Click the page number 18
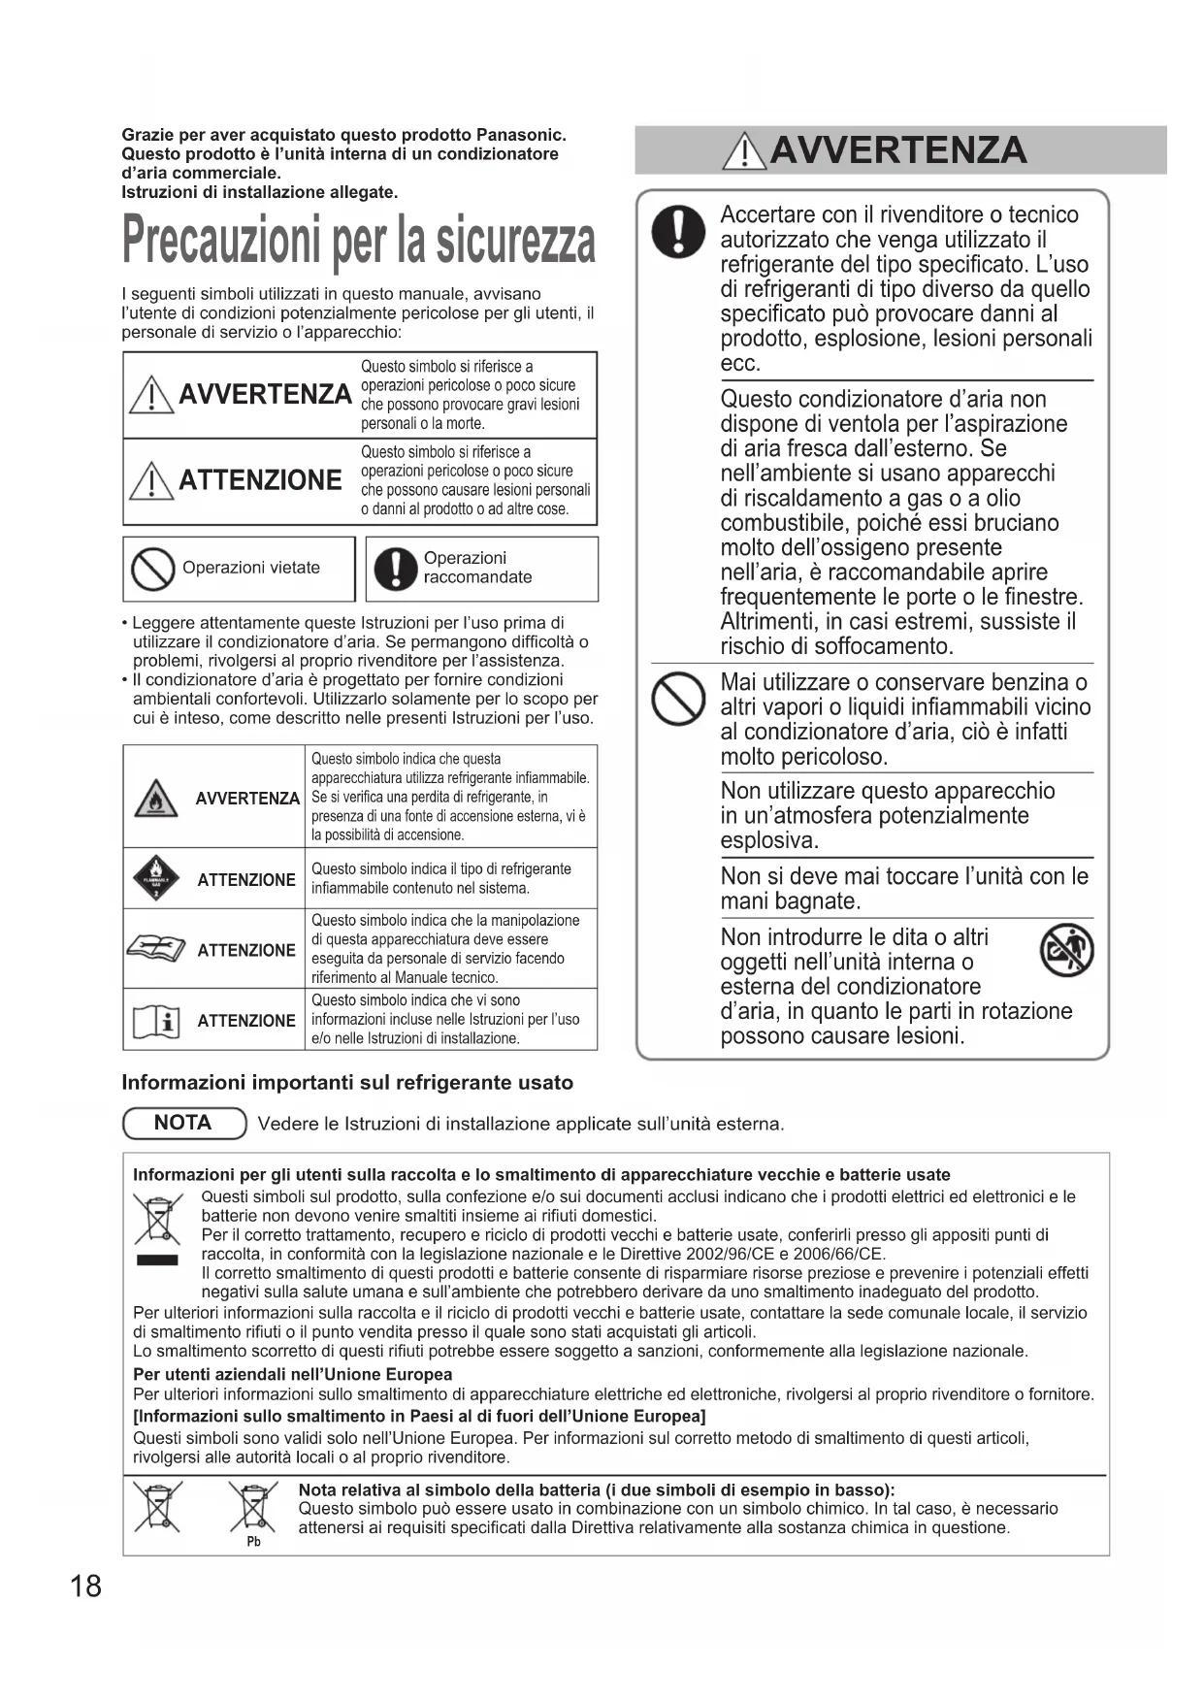(x=85, y=1586)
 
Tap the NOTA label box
(x=183, y=1123)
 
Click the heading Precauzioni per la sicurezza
(x=358, y=241)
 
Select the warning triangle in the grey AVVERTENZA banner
(x=744, y=151)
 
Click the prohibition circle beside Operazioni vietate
(x=151, y=569)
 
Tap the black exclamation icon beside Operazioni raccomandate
(x=395, y=569)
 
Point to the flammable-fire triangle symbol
(x=155, y=798)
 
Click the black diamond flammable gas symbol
(x=155, y=879)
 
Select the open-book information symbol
(x=155, y=1021)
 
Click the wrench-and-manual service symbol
(x=155, y=949)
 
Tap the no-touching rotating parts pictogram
(x=1066, y=950)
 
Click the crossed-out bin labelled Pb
(x=252, y=1510)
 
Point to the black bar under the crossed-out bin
(x=156, y=1260)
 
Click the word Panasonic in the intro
(x=520, y=135)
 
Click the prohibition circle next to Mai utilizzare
(x=678, y=699)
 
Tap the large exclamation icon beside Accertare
(x=678, y=232)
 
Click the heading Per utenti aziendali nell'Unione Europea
(x=292, y=1374)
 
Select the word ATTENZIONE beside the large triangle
(x=260, y=480)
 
